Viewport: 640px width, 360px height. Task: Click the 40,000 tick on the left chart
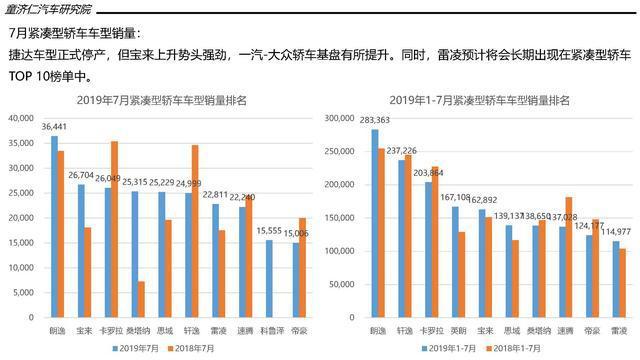(20, 119)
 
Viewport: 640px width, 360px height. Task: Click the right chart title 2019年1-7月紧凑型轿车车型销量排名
(473, 100)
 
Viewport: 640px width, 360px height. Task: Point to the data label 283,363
(375, 120)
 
